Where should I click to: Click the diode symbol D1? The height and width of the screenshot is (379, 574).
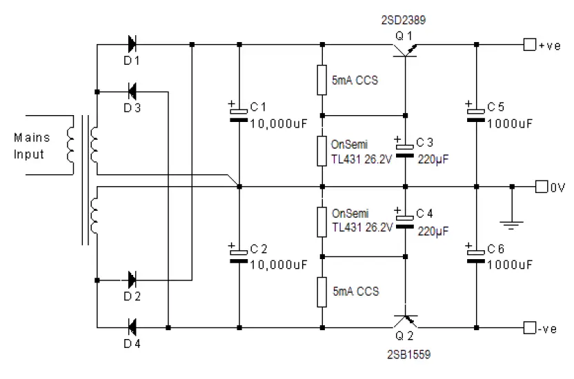131,45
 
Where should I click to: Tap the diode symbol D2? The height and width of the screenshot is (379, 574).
131,280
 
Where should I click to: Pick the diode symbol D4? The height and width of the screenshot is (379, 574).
131,325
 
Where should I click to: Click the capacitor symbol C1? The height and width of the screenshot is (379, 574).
239,114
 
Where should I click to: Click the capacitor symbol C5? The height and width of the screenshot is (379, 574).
476,114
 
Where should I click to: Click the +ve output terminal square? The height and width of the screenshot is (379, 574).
529,45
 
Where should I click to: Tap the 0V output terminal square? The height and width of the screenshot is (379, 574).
542,186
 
